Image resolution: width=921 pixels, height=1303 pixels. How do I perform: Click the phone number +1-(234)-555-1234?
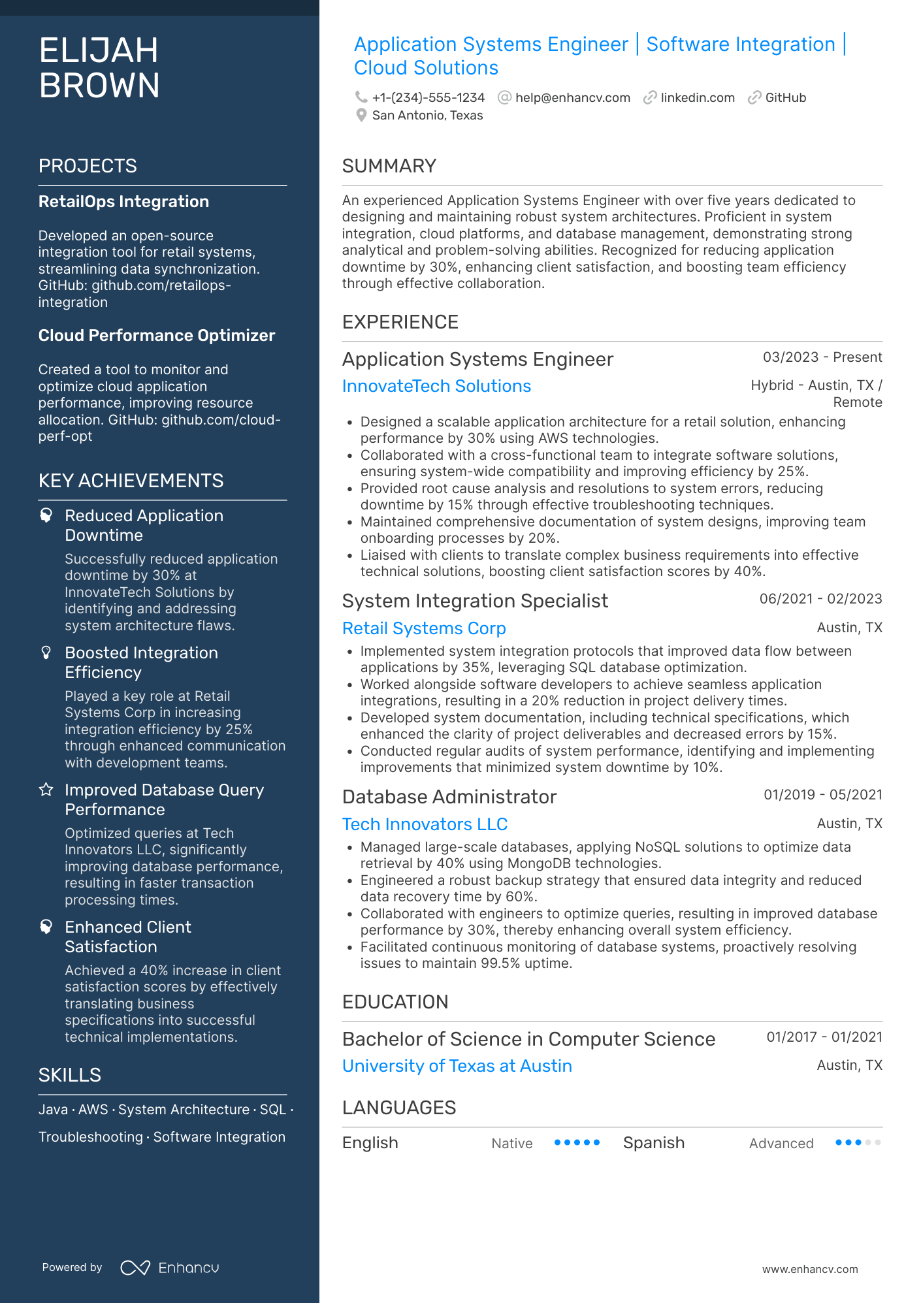[428, 98]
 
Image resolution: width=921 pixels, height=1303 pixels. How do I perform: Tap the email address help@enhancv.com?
[572, 98]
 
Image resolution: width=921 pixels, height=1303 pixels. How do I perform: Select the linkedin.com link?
[697, 98]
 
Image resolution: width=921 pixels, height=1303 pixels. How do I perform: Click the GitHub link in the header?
[785, 98]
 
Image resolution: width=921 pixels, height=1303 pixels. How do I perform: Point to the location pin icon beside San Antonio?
[361, 116]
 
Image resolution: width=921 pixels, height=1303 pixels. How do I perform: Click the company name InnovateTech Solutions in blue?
[436, 386]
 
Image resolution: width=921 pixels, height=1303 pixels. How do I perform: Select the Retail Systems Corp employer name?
[424, 628]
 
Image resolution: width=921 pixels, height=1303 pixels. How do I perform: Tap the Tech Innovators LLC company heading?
[425, 824]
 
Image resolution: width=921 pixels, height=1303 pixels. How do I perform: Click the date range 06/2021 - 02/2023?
[820, 599]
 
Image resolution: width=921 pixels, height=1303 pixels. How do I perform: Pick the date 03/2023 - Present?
[822, 357]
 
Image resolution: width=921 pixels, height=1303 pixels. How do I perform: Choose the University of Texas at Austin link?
[457, 1066]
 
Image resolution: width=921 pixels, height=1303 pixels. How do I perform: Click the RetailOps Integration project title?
[123, 202]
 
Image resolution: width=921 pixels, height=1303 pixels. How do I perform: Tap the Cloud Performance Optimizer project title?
[157, 336]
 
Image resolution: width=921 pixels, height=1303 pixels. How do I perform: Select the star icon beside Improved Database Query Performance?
[46, 790]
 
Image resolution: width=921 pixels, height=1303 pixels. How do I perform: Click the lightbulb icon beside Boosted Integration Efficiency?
[46, 653]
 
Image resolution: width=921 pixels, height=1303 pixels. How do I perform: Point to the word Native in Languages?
[511, 1144]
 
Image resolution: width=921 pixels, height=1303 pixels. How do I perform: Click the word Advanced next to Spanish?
[781, 1144]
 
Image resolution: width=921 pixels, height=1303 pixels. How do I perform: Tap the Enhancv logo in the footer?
[170, 1268]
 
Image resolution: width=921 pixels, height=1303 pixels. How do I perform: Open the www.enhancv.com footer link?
[809, 1269]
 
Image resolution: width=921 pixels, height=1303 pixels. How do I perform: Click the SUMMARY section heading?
[389, 166]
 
